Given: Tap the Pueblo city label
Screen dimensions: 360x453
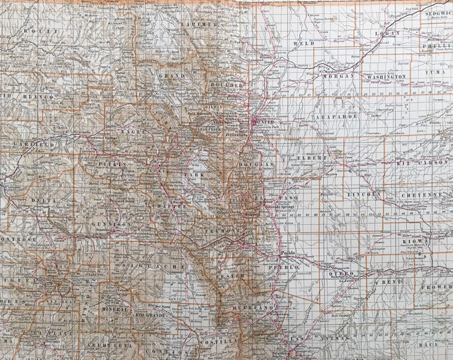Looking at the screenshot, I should coord(288,254).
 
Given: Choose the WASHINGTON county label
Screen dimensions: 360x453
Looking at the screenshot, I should coord(384,77).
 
